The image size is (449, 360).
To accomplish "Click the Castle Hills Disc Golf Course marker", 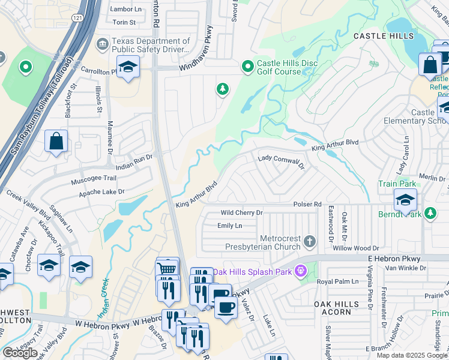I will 247,67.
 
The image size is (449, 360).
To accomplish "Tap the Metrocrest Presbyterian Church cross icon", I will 310,241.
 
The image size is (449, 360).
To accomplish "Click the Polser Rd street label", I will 307,205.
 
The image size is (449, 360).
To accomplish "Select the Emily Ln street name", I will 229,226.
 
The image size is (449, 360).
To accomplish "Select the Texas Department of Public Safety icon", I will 103,44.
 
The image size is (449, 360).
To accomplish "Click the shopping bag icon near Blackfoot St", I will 56,142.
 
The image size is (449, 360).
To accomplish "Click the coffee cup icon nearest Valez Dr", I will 226,307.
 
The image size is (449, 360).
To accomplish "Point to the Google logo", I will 20,353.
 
